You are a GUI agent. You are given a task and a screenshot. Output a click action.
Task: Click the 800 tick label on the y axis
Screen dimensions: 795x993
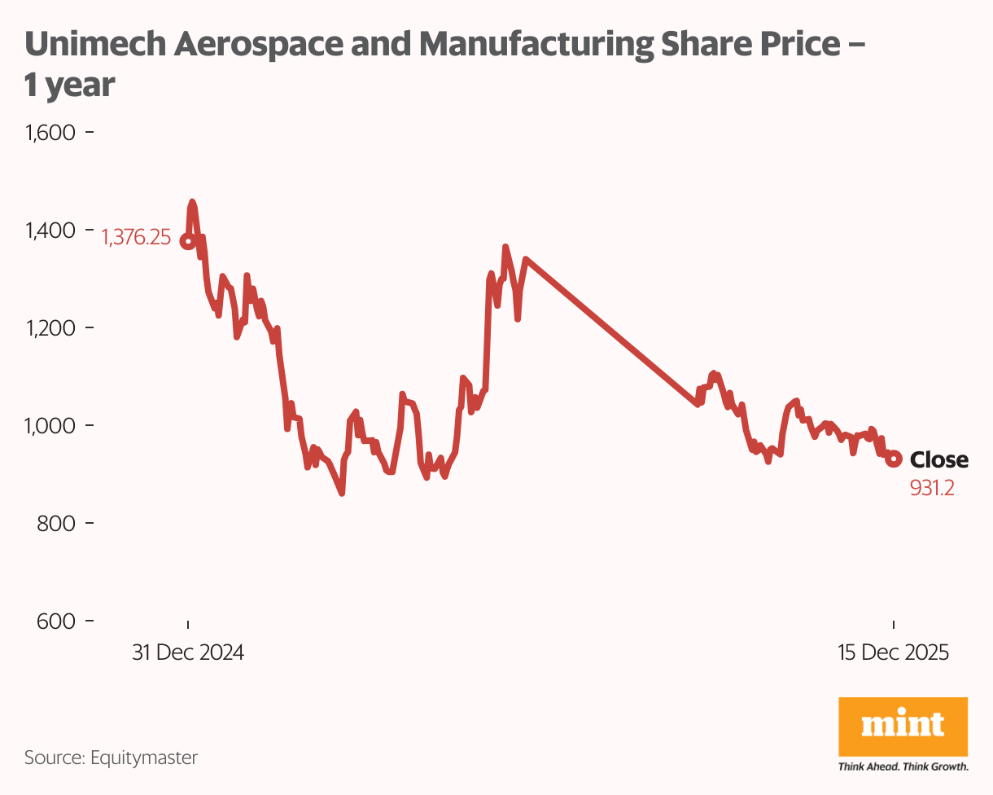pyautogui.click(x=56, y=523)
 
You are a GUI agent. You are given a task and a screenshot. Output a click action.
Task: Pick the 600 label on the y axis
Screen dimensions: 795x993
pyautogui.click(x=56, y=621)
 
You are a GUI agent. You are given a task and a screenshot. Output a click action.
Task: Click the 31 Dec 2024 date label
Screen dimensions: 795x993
pyautogui.click(x=188, y=653)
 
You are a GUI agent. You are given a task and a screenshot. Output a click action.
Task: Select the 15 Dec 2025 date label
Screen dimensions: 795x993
pyautogui.click(x=894, y=653)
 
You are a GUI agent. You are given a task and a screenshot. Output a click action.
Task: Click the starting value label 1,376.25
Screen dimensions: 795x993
pyautogui.click(x=135, y=238)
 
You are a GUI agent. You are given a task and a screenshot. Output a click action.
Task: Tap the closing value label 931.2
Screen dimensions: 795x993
pyautogui.click(x=932, y=488)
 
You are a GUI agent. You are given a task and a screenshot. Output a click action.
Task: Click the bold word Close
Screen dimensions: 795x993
pyautogui.click(x=938, y=460)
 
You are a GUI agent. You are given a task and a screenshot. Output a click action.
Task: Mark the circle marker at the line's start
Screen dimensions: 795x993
pyautogui.click(x=187, y=241)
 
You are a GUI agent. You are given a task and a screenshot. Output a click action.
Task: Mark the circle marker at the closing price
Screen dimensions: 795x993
pyautogui.click(x=894, y=459)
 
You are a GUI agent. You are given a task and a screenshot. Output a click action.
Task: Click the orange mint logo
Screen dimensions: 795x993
pyautogui.click(x=903, y=726)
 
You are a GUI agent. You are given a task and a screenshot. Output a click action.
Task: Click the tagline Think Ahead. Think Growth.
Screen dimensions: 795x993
pyautogui.click(x=903, y=766)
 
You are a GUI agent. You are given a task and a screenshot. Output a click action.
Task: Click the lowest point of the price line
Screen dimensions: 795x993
pyautogui.click(x=342, y=493)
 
